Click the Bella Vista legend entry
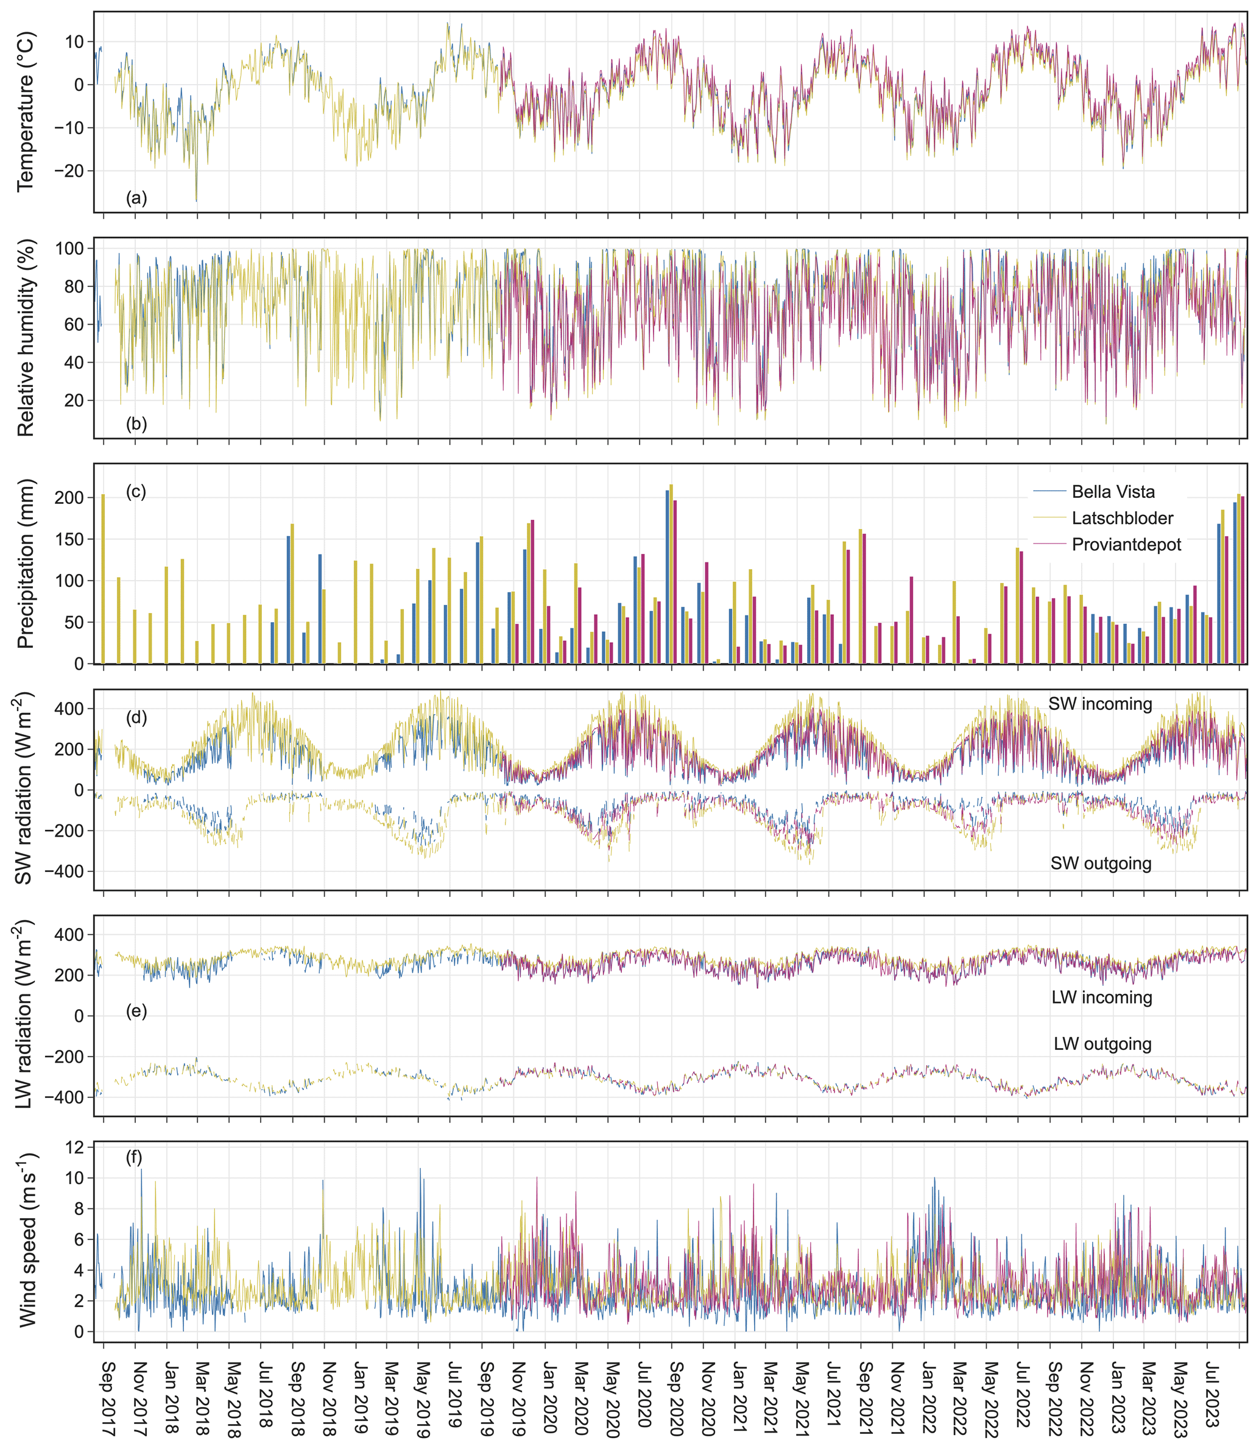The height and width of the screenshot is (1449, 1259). click(x=1113, y=492)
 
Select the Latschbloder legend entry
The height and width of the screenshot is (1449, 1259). click(x=1122, y=519)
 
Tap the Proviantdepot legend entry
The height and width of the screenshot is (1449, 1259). click(x=1126, y=545)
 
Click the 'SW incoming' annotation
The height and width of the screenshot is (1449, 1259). click(x=1100, y=704)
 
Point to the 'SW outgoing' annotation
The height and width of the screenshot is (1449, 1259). click(x=1101, y=863)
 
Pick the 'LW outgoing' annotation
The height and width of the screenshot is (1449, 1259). click(x=1102, y=1044)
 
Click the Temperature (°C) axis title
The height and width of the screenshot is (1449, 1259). click(x=26, y=113)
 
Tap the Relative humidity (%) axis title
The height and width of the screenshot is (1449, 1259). click(x=26, y=338)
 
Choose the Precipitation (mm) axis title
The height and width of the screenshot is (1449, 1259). click(x=26, y=564)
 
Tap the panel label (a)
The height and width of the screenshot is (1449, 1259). click(x=136, y=198)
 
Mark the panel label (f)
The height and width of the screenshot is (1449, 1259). click(x=134, y=1157)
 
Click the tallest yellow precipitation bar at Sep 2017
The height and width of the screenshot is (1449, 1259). click(x=104, y=578)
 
